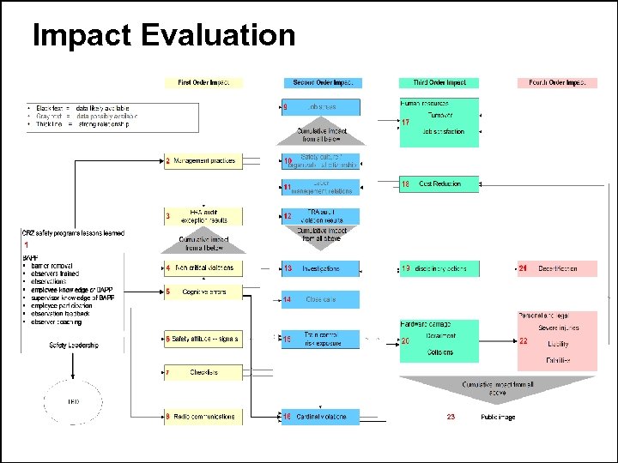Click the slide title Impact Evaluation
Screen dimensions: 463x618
click(x=163, y=36)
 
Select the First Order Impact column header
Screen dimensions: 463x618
click(x=203, y=83)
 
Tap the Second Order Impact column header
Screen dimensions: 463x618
click(x=321, y=83)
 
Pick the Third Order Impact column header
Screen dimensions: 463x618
click(x=439, y=83)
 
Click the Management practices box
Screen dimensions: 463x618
click(x=203, y=160)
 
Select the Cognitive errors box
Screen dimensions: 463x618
click(x=203, y=292)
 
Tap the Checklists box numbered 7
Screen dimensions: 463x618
click(x=203, y=372)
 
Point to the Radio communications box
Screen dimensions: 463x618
click(x=203, y=417)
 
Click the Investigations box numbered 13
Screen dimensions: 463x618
click(x=321, y=268)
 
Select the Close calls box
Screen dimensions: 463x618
click(x=321, y=299)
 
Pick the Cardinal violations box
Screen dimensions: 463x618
click(x=321, y=417)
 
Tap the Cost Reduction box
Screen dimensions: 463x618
click(x=439, y=183)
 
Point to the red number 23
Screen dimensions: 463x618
click(x=451, y=417)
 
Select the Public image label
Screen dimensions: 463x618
click(x=498, y=417)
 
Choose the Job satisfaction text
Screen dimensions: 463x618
click(x=443, y=132)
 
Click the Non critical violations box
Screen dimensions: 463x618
click(x=203, y=268)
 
